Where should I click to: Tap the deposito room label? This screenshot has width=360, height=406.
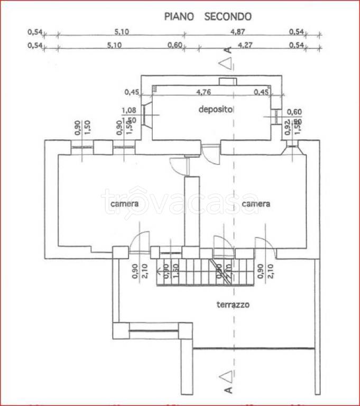coord(216,109)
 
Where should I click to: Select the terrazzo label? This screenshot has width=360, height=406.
coord(233,304)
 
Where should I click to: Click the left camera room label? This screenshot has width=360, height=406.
coord(124,204)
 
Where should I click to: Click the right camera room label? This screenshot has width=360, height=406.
coord(256,204)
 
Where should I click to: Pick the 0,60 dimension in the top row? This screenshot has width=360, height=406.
coord(174,45)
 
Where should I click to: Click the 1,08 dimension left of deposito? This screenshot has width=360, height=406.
coord(128,110)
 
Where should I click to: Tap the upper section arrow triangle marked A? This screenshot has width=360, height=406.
coord(226,64)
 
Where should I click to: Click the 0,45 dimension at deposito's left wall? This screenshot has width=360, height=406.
coord(132,92)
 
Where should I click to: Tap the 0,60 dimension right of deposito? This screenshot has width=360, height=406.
coord(294,112)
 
